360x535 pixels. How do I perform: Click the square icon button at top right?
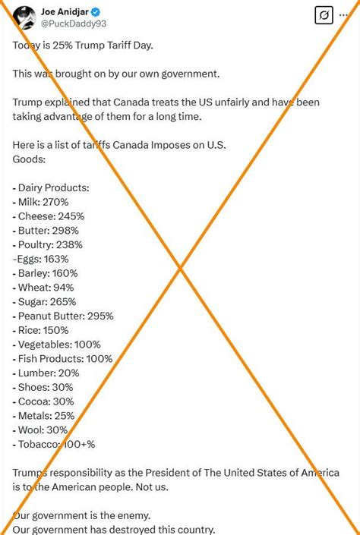pos(324,15)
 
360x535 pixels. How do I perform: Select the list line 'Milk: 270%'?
pos(41,202)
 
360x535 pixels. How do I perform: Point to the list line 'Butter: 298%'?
pos(46,230)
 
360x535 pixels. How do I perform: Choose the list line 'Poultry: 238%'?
pos(48,244)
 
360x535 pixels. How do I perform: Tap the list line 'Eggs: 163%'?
pos(43,259)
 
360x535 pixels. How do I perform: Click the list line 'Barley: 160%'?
pos(45,273)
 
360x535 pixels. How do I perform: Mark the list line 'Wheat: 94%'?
pos(43,288)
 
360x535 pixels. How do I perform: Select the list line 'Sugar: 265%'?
pos(45,301)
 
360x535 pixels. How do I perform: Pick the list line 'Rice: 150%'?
pos(41,330)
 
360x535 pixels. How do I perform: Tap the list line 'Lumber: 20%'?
pos(46,373)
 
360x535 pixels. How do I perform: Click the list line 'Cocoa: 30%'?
pos(44,401)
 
